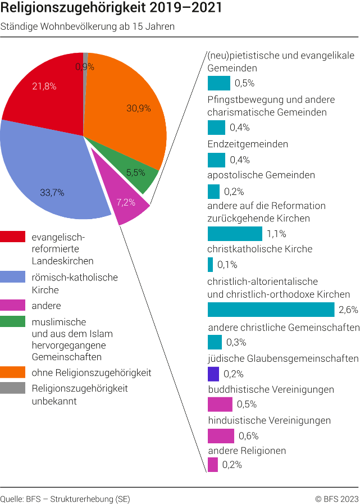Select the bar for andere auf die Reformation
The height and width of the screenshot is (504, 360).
click(235, 234)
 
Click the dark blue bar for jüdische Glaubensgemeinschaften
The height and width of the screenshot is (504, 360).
click(213, 374)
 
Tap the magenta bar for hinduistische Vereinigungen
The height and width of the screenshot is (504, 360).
click(221, 435)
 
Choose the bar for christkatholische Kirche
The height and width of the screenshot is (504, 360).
click(211, 265)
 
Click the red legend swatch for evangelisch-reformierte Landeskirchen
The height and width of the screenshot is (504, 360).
click(13, 237)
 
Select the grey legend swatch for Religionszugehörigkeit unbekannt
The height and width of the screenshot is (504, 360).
click(13, 388)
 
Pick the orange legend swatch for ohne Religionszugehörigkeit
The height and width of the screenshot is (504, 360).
click(13, 372)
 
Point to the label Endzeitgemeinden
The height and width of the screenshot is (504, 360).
click(248, 144)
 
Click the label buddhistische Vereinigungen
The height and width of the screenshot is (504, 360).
click(271, 389)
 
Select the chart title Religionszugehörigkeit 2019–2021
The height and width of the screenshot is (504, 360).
click(111, 9)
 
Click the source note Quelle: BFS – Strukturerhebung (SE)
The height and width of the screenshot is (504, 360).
click(65, 498)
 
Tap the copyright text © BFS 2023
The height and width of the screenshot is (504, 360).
click(336, 498)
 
